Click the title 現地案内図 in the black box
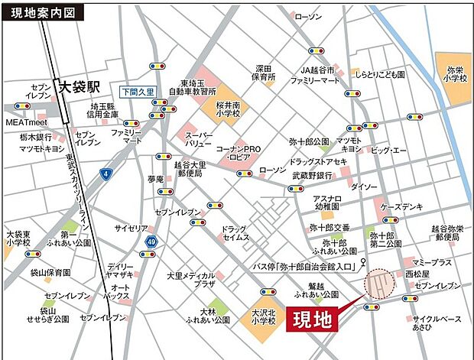click(41, 13)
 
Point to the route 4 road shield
click(104, 174)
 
